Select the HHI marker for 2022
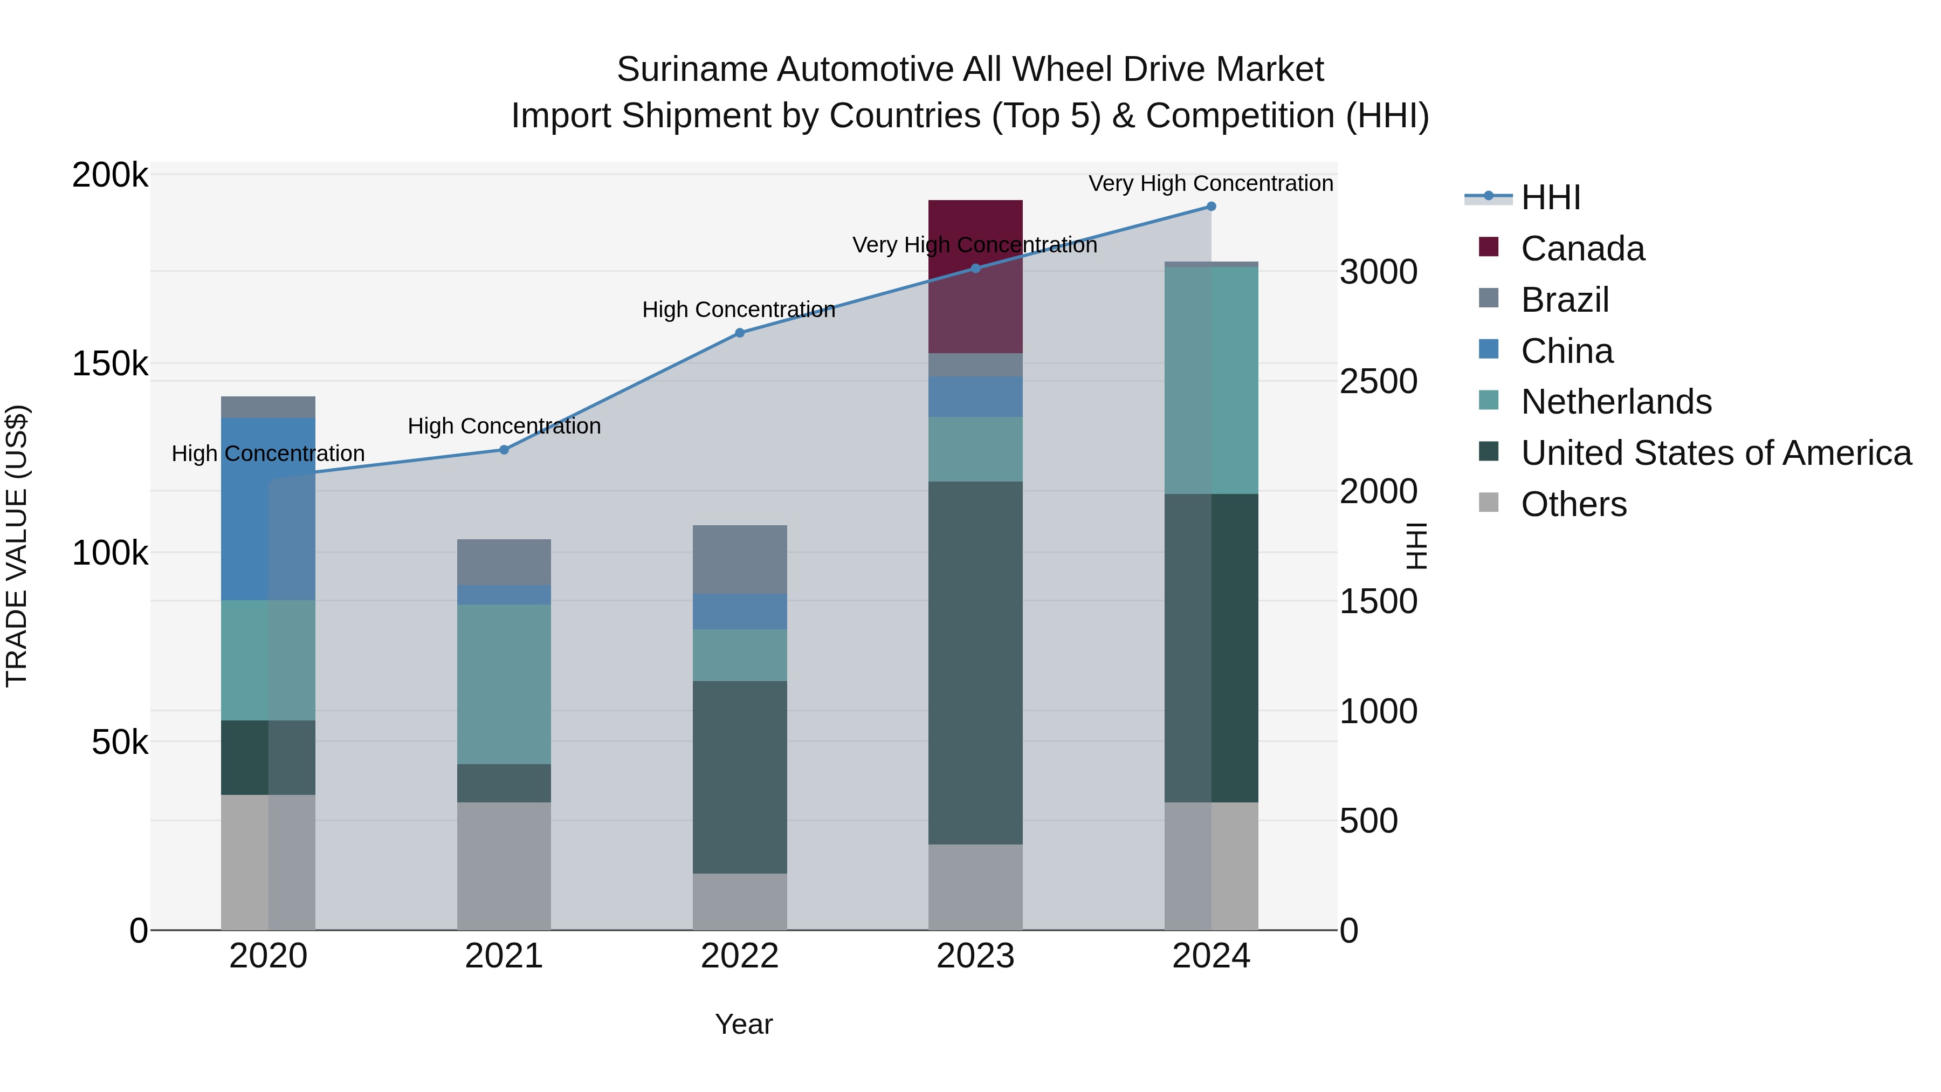[x=739, y=332]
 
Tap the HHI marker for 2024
[x=1211, y=207]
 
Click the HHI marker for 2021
[x=504, y=450]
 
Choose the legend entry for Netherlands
[x=1615, y=402]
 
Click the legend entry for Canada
[x=1581, y=249]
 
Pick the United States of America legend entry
[x=1715, y=453]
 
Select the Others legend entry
[x=1573, y=504]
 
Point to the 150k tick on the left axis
[x=110, y=364]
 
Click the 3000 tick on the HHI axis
[x=1378, y=272]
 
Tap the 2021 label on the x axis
[x=504, y=956]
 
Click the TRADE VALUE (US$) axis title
[x=17, y=546]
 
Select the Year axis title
[x=744, y=1024]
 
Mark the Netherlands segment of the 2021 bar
[x=504, y=684]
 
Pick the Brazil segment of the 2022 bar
[x=739, y=559]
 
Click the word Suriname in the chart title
[x=691, y=70]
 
